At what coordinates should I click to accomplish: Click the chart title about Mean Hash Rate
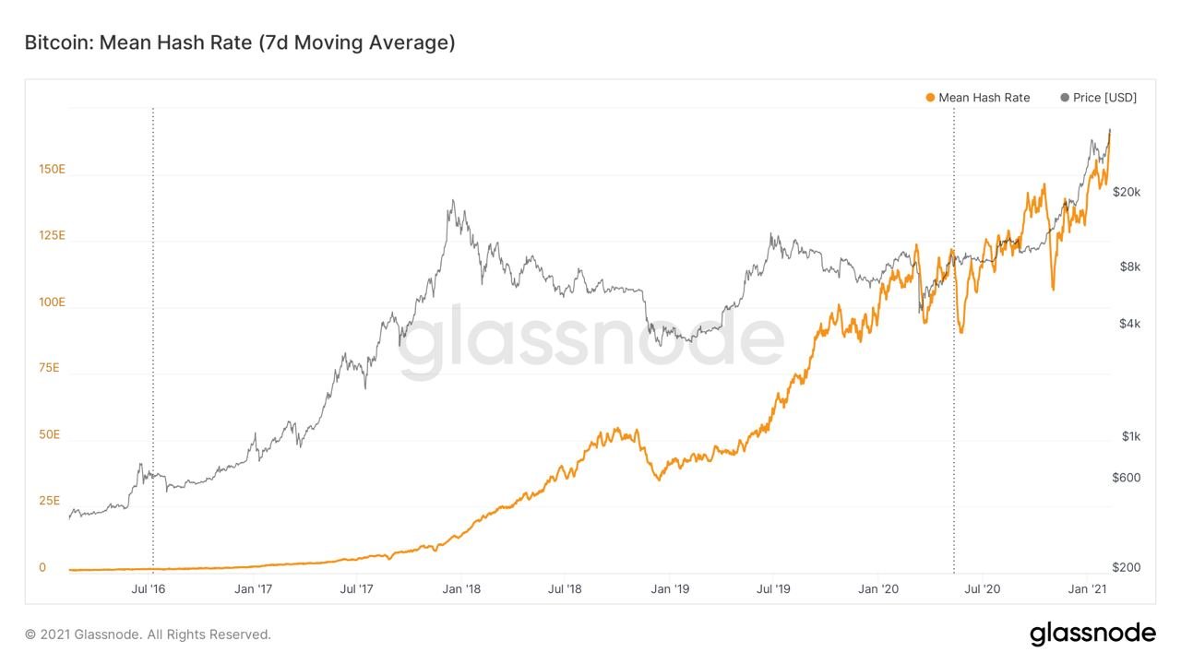pos(239,42)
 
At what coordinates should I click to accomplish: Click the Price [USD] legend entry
pos(1099,97)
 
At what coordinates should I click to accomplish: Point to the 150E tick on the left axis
pos(52,169)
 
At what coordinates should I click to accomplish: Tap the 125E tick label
pos(52,235)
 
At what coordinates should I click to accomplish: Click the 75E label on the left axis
pos(49,368)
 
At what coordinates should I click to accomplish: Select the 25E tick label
pos(49,501)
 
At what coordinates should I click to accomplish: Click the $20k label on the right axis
pos(1126,192)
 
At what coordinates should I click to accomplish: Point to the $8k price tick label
pos(1129,267)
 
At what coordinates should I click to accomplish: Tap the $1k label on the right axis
pos(1130,435)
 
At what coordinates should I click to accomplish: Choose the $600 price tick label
pos(1126,477)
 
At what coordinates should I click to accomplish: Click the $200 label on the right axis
pos(1126,567)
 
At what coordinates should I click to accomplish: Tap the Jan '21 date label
pos(1092,588)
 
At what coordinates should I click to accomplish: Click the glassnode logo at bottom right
pos(1092,634)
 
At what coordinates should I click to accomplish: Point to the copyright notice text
pos(148,634)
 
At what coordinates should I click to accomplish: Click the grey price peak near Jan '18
pos(452,201)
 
